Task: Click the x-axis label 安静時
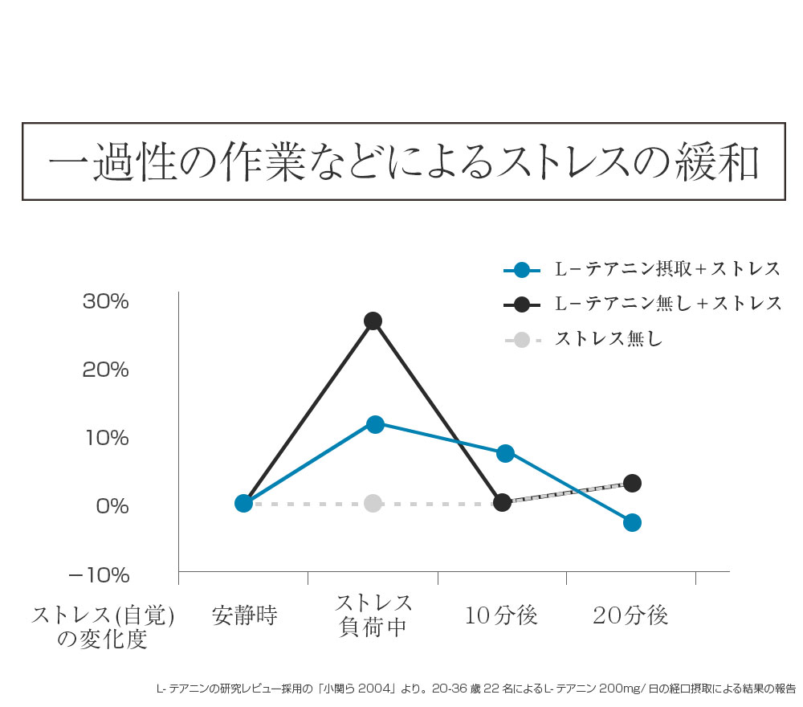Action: pyautogui.click(x=244, y=616)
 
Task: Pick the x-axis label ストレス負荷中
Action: pyautogui.click(x=373, y=615)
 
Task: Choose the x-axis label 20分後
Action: pyautogui.click(x=630, y=616)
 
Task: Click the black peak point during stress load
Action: pyautogui.click(x=373, y=321)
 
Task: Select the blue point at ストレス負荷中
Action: pyautogui.click(x=374, y=424)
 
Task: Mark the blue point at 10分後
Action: pyautogui.click(x=505, y=453)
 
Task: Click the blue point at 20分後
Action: pyautogui.click(x=632, y=522)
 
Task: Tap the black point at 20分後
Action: pyautogui.click(x=632, y=483)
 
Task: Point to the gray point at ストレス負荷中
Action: pyautogui.click(x=373, y=503)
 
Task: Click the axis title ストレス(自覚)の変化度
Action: pyautogui.click(x=103, y=627)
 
